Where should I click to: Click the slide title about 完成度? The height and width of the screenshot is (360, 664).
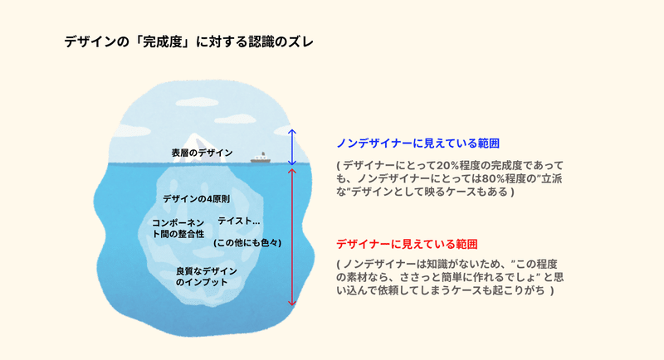pos(189,41)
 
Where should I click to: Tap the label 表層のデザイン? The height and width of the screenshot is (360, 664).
pos(202,153)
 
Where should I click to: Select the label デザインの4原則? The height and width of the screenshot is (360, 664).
pos(196,199)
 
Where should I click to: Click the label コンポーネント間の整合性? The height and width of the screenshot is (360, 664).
pos(178,228)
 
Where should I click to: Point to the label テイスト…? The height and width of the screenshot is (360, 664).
pos(239,221)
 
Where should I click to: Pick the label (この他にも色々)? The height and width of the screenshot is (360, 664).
pos(247,243)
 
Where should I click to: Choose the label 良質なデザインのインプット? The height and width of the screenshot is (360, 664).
pos(206,277)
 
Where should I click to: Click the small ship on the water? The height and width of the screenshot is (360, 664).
pos(260,158)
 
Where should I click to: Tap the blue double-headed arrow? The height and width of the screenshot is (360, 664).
pos(292,147)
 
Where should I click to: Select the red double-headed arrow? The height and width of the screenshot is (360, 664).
pos(292,236)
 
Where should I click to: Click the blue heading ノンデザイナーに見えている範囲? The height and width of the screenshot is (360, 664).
pos(418,144)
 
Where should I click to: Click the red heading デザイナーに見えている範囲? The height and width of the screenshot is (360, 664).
pos(407,244)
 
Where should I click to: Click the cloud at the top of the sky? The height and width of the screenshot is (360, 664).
pos(198,101)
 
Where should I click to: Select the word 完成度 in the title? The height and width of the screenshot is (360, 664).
pos(164,41)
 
